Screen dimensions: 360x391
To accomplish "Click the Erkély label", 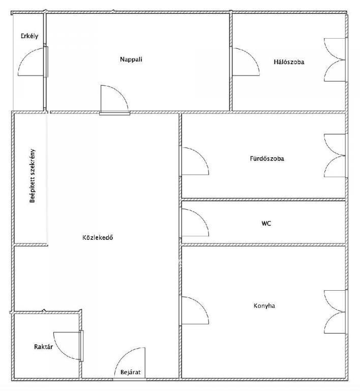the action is pyautogui.click(x=29, y=36).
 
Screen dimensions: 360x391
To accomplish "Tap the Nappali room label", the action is pyautogui.click(x=131, y=60).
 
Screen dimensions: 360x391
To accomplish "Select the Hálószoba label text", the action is pyautogui.click(x=289, y=62).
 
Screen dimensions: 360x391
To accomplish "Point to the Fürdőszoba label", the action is pyautogui.click(x=267, y=159).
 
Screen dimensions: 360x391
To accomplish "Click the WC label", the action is pyautogui.click(x=266, y=223).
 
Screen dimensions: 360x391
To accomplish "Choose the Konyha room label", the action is pyautogui.click(x=264, y=305).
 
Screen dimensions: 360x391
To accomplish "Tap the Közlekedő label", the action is pyautogui.click(x=98, y=237).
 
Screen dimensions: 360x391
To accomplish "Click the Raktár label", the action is pyautogui.click(x=43, y=347).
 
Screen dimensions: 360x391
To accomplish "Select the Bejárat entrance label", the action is pyautogui.click(x=131, y=372).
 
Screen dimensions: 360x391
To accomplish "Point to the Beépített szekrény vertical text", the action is pyautogui.click(x=33, y=176).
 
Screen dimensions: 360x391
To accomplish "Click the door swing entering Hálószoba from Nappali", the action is pyautogui.click(x=246, y=62).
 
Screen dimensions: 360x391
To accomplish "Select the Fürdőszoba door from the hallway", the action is pyautogui.click(x=194, y=161).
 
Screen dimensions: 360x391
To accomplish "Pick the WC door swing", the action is pyautogui.click(x=194, y=222).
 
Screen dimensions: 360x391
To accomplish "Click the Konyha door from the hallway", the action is pyautogui.click(x=194, y=310).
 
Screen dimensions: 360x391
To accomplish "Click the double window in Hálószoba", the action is pyautogui.click(x=335, y=60).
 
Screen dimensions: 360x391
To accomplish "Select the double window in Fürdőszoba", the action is pyautogui.click(x=335, y=156).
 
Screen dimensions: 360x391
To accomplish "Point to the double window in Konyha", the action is pyautogui.click(x=335, y=312).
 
